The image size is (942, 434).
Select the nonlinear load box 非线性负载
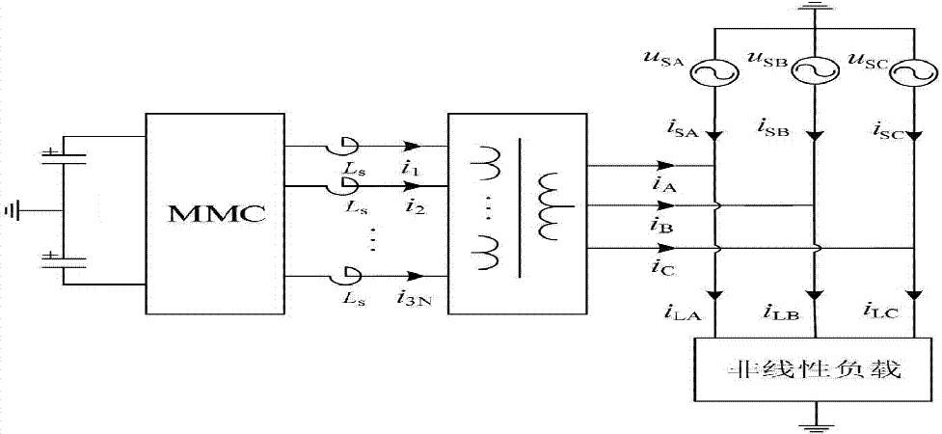[816, 369]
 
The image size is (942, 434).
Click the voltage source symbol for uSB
[813, 69]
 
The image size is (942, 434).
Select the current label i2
[416, 205]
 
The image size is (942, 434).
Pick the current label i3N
[418, 299]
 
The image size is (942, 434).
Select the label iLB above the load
[780, 311]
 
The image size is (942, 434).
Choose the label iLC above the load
[878, 310]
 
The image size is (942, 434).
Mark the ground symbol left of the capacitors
[13, 209]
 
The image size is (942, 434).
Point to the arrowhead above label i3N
[415, 278]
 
